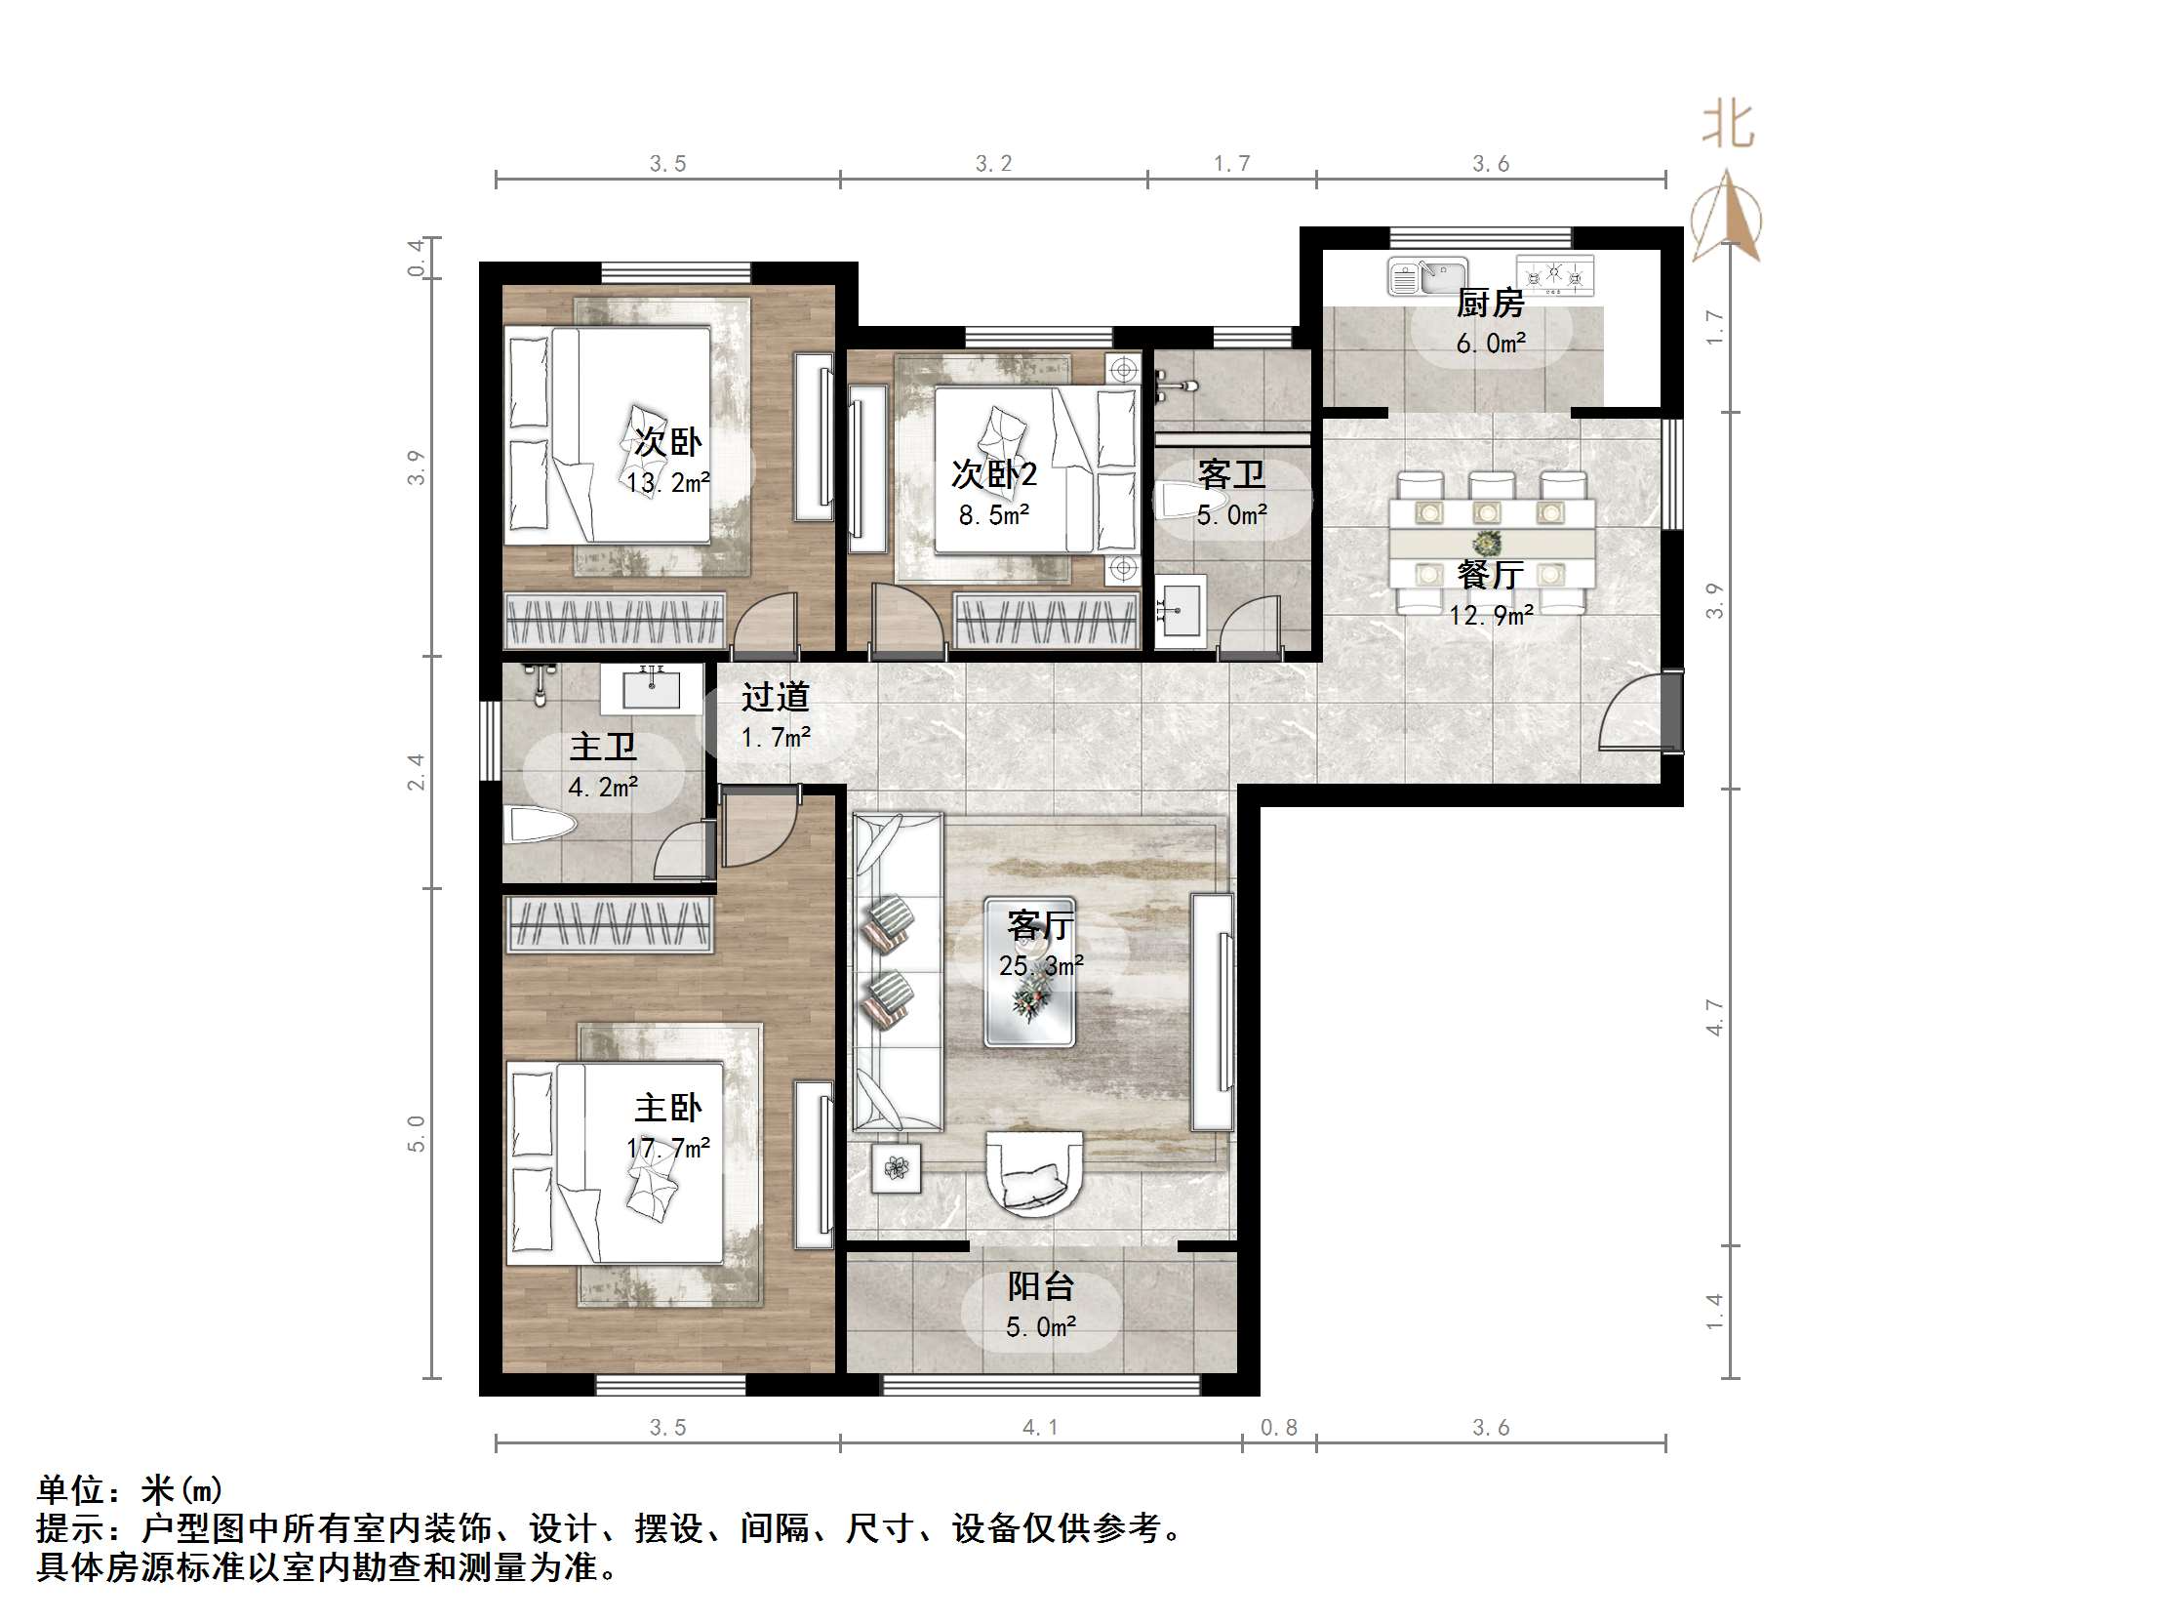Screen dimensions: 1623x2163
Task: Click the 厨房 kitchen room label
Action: (x=1489, y=304)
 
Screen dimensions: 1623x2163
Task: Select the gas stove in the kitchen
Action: (x=1554, y=275)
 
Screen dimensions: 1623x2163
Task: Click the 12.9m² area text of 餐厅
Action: (x=1490, y=616)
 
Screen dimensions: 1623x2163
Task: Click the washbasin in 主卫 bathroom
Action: (x=652, y=689)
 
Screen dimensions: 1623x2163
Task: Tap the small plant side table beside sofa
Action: (x=896, y=1167)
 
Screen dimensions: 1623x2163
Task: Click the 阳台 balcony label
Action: (x=1040, y=1286)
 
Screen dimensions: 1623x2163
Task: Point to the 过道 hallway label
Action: (x=775, y=697)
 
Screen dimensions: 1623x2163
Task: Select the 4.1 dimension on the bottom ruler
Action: (x=1039, y=1428)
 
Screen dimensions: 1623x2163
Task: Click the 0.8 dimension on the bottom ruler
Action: (x=1278, y=1428)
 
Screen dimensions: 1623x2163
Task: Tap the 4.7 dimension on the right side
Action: (x=1714, y=1018)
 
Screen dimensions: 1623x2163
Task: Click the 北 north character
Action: (x=1728, y=125)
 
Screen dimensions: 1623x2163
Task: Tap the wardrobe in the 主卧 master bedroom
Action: (x=608, y=924)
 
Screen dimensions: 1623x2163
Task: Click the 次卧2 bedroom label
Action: (x=993, y=474)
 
